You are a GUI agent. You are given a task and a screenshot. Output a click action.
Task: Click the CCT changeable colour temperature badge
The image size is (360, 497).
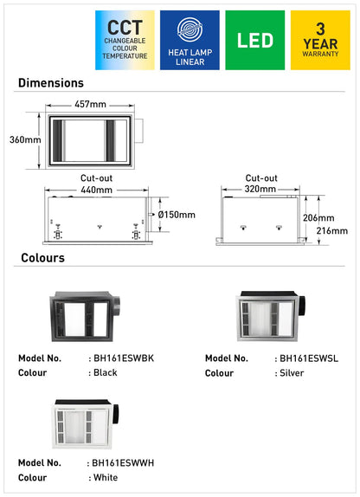[x=125, y=40]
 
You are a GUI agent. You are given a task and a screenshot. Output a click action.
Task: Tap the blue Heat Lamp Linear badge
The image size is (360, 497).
[x=190, y=40]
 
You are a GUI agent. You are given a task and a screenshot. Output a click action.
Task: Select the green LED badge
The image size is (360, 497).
[x=254, y=40]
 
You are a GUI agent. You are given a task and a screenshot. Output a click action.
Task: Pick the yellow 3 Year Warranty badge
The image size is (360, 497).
[x=320, y=40]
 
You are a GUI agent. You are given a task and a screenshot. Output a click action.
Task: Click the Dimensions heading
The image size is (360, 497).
[x=51, y=83]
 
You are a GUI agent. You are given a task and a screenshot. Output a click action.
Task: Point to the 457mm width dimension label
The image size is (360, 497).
[x=90, y=104]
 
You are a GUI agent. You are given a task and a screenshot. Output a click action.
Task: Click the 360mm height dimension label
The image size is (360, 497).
[x=25, y=139]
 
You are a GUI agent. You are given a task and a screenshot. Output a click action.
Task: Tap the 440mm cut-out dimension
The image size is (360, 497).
[x=96, y=190]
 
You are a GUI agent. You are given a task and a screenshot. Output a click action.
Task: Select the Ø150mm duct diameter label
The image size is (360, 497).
[x=177, y=215]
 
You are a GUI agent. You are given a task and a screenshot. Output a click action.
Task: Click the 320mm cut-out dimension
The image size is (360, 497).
[x=260, y=189]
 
